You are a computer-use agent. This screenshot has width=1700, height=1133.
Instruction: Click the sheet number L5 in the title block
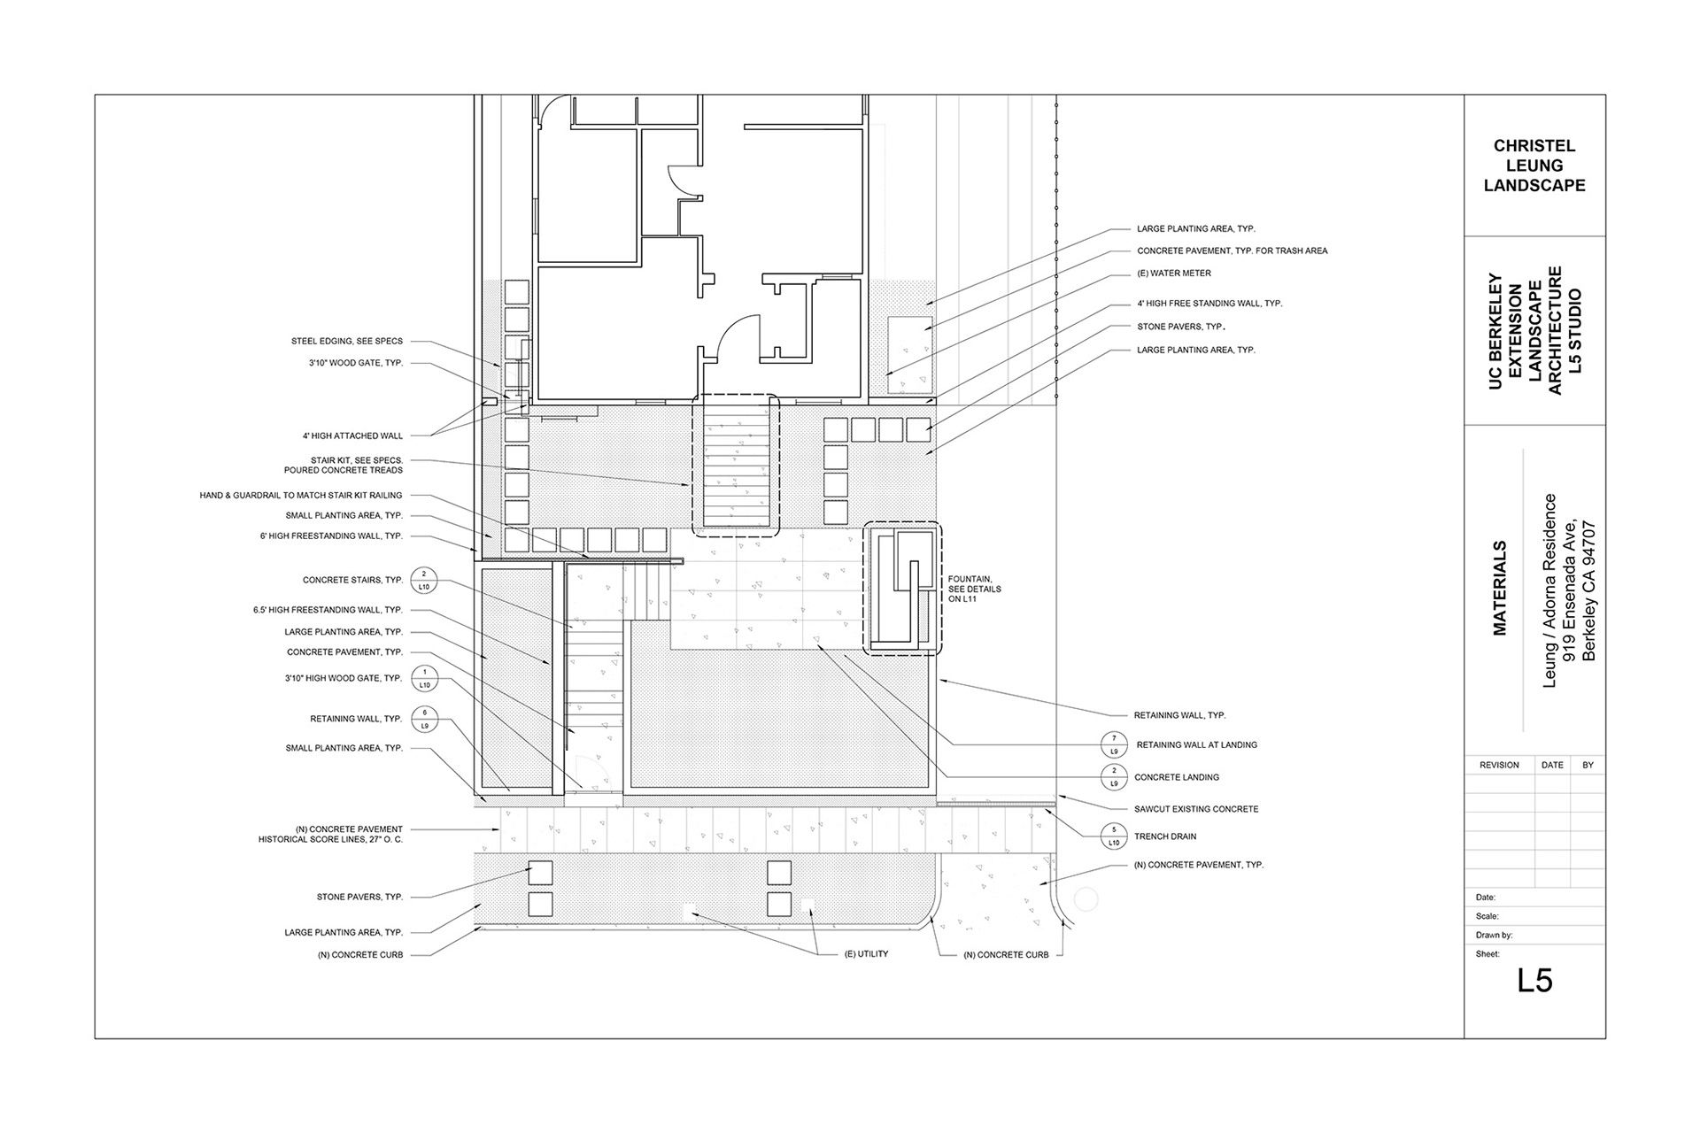[1534, 981]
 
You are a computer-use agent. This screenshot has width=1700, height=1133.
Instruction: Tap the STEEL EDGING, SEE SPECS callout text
[347, 341]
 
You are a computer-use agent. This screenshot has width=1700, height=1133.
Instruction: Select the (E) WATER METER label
[1174, 274]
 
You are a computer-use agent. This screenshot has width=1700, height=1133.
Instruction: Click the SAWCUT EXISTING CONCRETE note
[1196, 809]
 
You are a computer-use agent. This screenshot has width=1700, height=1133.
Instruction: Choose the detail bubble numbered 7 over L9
[1114, 745]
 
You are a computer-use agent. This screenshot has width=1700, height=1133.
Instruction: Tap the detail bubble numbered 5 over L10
[1114, 836]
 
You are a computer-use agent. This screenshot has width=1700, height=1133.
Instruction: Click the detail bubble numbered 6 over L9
[425, 720]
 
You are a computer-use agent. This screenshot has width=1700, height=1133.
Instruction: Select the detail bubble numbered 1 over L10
[425, 679]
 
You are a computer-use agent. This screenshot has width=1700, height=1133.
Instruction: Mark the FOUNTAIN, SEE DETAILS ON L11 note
[975, 590]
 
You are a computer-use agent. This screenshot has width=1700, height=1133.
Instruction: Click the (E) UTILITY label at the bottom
[866, 954]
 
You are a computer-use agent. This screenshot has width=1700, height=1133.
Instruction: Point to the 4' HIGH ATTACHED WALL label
[352, 436]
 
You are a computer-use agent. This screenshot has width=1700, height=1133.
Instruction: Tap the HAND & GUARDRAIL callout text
[301, 496]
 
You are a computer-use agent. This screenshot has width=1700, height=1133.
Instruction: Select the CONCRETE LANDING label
[1177, 777]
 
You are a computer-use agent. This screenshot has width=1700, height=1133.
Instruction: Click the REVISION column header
[1499, 765]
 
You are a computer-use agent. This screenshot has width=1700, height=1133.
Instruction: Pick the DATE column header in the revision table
[1552, 765]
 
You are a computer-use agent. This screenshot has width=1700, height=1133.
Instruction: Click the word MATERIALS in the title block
[1500, 588]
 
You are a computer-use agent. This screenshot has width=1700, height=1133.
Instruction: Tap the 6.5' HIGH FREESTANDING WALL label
[328, 611]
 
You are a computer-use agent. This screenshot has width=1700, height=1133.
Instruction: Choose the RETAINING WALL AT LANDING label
[1197, 745]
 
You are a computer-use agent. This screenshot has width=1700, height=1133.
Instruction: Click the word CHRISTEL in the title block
[1534, 146]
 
